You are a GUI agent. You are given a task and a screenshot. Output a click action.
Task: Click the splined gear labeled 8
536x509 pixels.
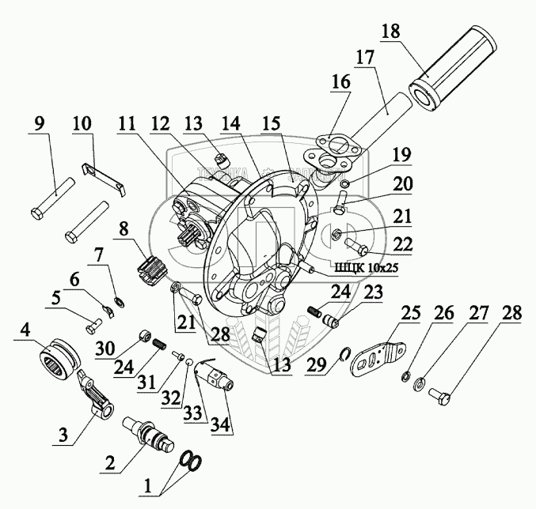coord(151,268)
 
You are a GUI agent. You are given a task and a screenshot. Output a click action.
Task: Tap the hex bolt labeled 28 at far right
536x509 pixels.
coord(440,392)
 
